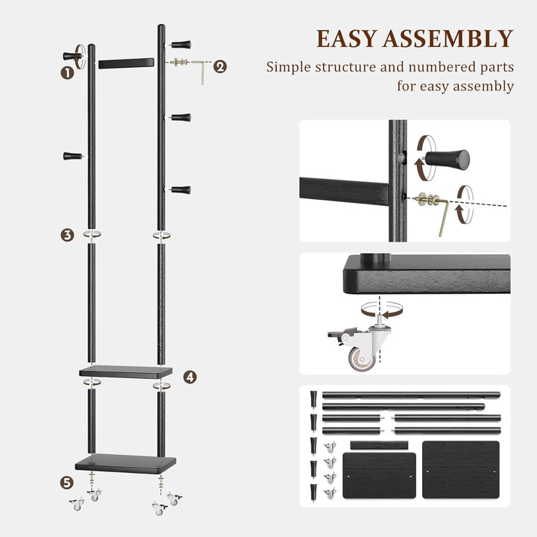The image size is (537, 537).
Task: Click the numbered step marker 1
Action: point(67,72)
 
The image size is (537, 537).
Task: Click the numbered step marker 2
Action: point(220,66)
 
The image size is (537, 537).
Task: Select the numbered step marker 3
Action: point(67,235)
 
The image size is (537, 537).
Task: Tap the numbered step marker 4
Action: point(190,377)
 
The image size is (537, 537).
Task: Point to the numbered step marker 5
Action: point(67,483)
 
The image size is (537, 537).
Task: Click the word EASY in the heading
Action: point(353,39)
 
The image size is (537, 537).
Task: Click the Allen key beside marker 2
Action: point(200,72)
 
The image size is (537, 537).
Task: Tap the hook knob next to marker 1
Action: point(75,54)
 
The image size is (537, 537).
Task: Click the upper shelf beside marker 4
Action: point(125,370)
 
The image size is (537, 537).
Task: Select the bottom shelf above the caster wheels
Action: point(125,463)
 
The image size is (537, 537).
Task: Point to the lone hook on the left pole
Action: point(72,156)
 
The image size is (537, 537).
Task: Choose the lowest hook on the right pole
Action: point(180,189)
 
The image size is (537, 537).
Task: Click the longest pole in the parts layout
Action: point(410,394)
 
